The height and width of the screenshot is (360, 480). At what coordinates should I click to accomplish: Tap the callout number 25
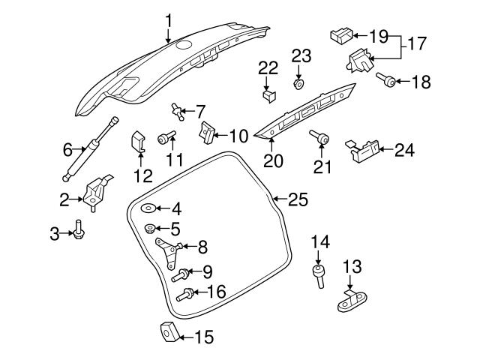point(298,199)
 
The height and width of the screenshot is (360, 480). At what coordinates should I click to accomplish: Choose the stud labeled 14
point(319,275)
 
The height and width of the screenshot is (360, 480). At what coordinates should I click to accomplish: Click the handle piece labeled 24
point(361,148)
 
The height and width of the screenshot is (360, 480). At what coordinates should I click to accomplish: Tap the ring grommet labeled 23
point(299,84)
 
